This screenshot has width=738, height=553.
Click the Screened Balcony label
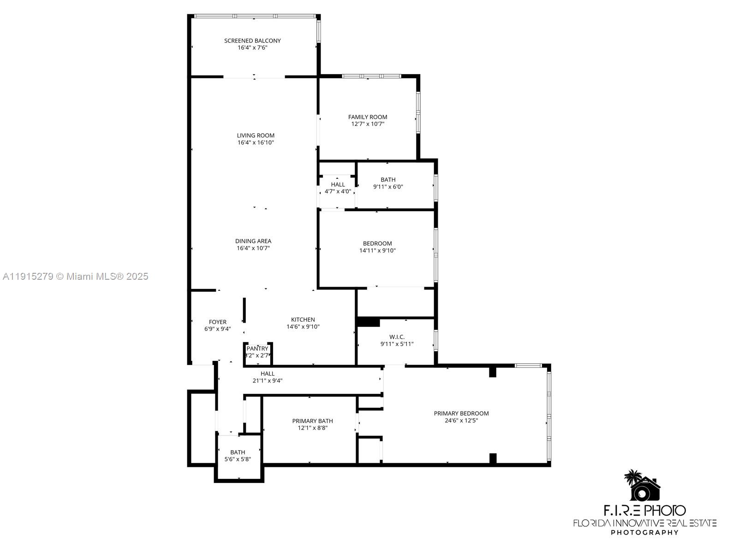[x=252, y=41]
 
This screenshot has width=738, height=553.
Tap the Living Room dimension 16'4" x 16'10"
[x=256, y=143]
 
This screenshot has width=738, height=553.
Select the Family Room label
[x=368, y=117]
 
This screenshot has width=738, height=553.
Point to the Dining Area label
[x=253, y=241]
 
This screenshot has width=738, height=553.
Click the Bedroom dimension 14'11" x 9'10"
[x=377, y=251]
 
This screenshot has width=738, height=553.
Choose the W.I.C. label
[x=397, y=337]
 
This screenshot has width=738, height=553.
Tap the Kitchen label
[x=303, y=319]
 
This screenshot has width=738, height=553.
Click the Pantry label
[x=257, y=348]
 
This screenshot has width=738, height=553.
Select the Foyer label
[x=218, y=322]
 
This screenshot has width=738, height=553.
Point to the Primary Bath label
[x=312, y=421]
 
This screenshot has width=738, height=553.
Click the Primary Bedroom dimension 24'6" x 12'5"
[x=461, y=420]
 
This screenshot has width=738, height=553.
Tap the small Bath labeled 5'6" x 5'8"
[x=238, y=456]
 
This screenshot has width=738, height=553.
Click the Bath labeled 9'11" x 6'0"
[x=388, y=183]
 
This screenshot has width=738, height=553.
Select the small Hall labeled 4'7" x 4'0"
[x=338, y=188]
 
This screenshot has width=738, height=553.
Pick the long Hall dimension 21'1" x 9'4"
[x=268, y=381]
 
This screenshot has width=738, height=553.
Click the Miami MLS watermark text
[x=76, y=276]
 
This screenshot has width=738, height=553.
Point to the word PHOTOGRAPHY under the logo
[x=644, y=532]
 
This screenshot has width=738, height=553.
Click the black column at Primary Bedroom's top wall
[x=492, y=371]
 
